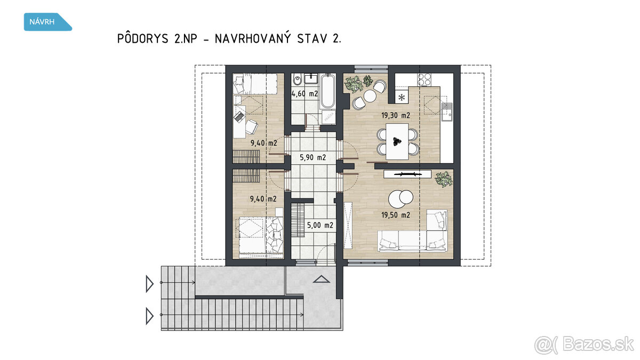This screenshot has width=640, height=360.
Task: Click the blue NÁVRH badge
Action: [x=47, y=22]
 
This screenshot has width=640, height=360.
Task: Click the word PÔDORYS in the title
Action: [x=142, y=38]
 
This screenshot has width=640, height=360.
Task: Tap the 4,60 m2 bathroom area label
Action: [x=305, y=94]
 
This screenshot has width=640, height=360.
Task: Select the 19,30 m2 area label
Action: [x=396, y=115]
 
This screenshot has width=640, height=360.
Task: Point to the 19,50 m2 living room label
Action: [x=396, y=215]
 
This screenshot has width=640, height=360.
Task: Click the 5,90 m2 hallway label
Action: [x=313, y=157]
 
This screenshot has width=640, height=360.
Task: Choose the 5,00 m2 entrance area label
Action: [x=320, y=226]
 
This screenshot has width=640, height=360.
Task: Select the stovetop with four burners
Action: [x=424, y=79]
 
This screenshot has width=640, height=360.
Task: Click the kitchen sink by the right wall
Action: [x=447, y=111]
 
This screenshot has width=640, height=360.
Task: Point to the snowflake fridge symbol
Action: [x=402, y=98]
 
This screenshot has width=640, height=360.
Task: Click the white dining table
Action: [x=397, y=141]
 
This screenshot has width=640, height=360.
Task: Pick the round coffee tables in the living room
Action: [x=401, y=198]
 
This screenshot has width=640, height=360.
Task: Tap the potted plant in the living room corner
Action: [x=444, y=179]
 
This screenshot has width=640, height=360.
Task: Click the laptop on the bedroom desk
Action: [x=238, y=117]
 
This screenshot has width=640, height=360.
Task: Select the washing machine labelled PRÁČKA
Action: [x=329, y=117]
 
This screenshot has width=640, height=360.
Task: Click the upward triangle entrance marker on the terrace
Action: [x=322, y=279]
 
